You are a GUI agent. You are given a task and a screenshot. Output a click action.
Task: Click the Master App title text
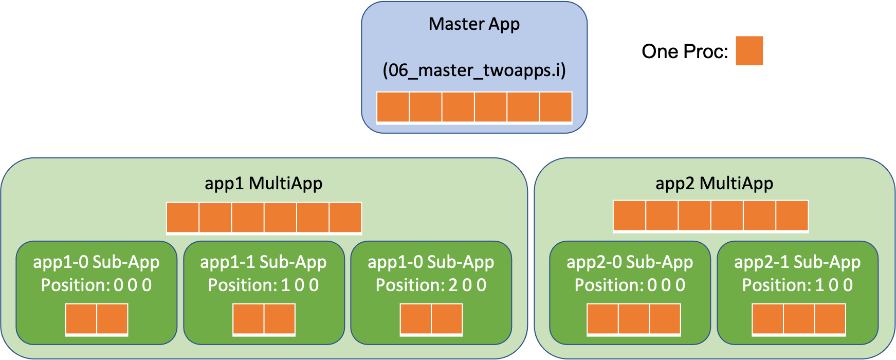pyautogui.click(x=474, y=24)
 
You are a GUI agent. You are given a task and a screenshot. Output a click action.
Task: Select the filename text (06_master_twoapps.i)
pyautogui.click(x=474, y=70)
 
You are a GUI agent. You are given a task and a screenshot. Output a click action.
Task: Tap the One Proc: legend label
pyautogui.click(x=685, y=51)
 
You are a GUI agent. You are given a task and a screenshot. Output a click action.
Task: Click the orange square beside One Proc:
pyautogui.click(x=749, y=50)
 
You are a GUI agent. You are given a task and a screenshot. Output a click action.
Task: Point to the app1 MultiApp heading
pyautogui.click(x=263, y=184)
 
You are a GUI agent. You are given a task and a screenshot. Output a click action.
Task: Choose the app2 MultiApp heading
pyautogui.click(x=714, y=184)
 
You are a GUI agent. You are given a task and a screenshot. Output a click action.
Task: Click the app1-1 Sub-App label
pyautogui.click(x=263, y=262)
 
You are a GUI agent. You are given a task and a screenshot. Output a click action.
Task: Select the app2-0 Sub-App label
pyautogui.click(x=630, y=262)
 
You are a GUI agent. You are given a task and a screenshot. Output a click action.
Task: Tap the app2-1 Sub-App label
pyautogui.click(x=797, y=262)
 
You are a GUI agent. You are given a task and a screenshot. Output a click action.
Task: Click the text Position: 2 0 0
pyautogui.click(x=431, y=285)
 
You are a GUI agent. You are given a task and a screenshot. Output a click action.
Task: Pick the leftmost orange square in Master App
pyautogui.click(x=393, y=107)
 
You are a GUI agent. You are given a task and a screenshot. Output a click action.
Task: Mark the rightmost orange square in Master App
pyautogui.click(x=556, y=107)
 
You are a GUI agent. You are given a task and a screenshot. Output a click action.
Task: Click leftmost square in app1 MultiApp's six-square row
pyautogui.click(x=183, y=218)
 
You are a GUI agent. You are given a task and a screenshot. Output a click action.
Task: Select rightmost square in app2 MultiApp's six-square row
pyautogui.click(x=792, y=215)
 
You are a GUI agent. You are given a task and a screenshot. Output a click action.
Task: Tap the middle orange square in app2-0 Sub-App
pyautogui.click(x=634, y=319)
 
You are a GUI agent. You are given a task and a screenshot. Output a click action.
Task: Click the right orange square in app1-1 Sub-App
pyautogui.click(x=280, y=319)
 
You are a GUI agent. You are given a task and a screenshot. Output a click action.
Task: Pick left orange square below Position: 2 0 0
pyautogui.click(x=416, y=319)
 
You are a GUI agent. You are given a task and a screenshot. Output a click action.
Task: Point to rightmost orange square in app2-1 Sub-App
pyautogui.click(x=830, y=319)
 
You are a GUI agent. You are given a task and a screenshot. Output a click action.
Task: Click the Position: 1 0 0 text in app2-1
pyautogui.click(x=797, y=285)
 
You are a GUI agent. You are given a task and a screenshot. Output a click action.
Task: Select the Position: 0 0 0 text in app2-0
pyautogui.click(x=630, y=285)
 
